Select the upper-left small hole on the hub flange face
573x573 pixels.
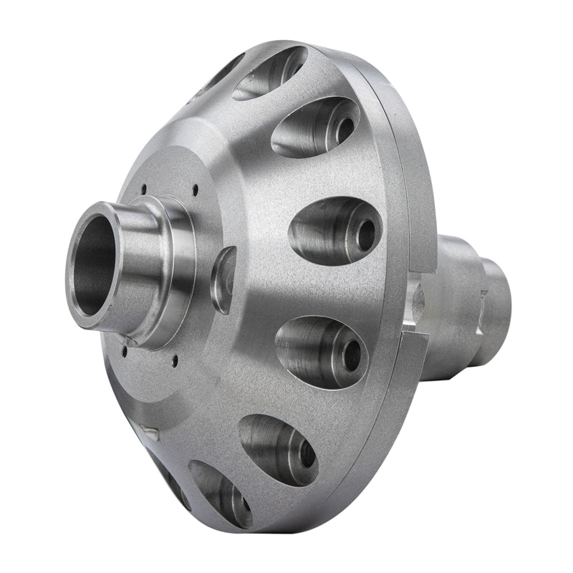(x=143, y=191)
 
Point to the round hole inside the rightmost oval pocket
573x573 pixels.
(x=366, y=235)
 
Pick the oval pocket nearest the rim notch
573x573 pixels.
(x=322, y=351)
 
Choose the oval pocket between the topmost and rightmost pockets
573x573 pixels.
(x=315, y=126)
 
